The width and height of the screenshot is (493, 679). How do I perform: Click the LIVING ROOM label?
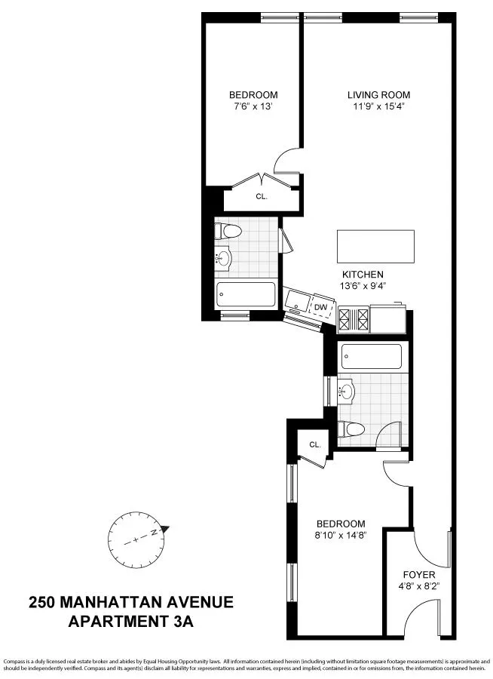pos(378,95)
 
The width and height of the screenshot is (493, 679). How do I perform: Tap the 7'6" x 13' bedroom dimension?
pos(253,107)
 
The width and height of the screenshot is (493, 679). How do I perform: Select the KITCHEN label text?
pos(363,275)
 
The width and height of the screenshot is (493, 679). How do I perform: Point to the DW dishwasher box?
pos(320,307)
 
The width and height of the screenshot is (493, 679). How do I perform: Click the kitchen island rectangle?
pos(375,246)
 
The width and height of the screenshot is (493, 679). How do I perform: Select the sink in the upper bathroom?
pos(222,260)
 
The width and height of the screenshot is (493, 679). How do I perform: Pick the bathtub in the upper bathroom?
pos(246,294)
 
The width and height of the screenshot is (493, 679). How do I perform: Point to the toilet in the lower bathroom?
pos(350,429)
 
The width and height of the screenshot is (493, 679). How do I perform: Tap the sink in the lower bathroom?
pos(348,392)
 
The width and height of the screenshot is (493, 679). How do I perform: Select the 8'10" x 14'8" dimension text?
pos(341,536)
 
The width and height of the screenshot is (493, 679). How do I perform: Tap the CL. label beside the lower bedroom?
pos(315,445)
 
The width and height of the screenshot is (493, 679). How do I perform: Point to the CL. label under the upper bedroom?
pos(262,196)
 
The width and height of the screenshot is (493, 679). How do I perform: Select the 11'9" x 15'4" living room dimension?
pos(378,107)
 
